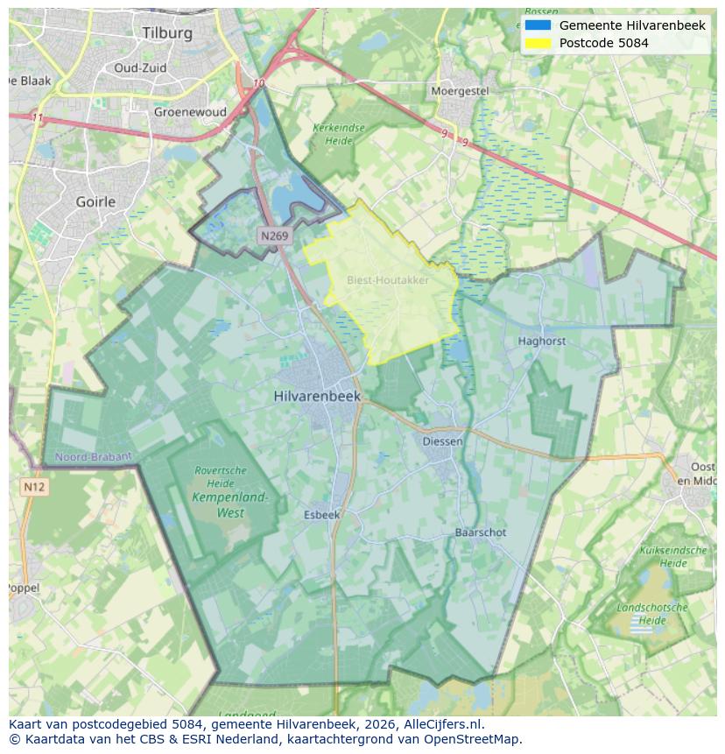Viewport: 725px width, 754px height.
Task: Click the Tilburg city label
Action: [166, 32]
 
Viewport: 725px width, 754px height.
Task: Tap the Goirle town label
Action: [95, 201]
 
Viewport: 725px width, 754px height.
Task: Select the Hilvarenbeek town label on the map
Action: [317, 396]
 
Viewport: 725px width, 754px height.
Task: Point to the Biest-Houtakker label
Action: [388, 280]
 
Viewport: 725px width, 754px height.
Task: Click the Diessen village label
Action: [442, 441]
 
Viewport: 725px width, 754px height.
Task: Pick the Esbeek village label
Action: [321, 515]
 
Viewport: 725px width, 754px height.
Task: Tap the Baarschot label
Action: [480, 532]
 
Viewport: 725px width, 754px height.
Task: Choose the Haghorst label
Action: [541, 341]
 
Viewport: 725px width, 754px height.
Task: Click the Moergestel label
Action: [459, 91]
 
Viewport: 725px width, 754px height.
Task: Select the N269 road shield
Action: [273, 236]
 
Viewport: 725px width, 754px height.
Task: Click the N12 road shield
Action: [34, 486]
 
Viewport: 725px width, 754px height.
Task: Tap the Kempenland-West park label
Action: [230, 505]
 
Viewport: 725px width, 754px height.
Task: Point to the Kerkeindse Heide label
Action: [338, 134]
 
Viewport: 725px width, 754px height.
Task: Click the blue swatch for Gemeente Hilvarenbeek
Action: [538, 25]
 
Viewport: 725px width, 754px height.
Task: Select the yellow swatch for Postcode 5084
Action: [538, 43]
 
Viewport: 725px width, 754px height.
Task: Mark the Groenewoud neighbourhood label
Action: [190, 112]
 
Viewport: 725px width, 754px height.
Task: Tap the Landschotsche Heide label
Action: [651, 613]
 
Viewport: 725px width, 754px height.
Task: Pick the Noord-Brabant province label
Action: [93, 456]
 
